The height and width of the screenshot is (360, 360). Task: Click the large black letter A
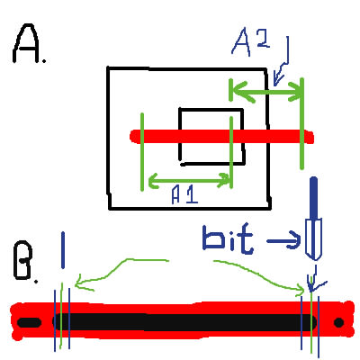coord(26,43)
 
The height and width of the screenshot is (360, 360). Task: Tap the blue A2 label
coord(251,44)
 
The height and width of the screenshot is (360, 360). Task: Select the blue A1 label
coord(184,195)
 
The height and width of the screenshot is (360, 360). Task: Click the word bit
coord(228,238)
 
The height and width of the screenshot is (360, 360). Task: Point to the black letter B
coord(22,260)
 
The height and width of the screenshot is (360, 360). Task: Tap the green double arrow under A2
coord(267,92)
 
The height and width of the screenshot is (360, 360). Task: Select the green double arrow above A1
coord(189,180)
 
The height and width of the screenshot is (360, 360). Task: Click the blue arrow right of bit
coord(283,240)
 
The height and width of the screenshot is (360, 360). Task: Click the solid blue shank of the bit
coord(313,198)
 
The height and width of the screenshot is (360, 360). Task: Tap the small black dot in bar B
coord(338,323)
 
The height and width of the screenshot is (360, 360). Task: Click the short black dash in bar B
coord(29,323)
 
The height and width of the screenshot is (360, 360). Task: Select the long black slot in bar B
coord(184,322)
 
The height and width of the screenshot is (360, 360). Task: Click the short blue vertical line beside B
coord(63,250)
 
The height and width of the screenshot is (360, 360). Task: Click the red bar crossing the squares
coord(222,137)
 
